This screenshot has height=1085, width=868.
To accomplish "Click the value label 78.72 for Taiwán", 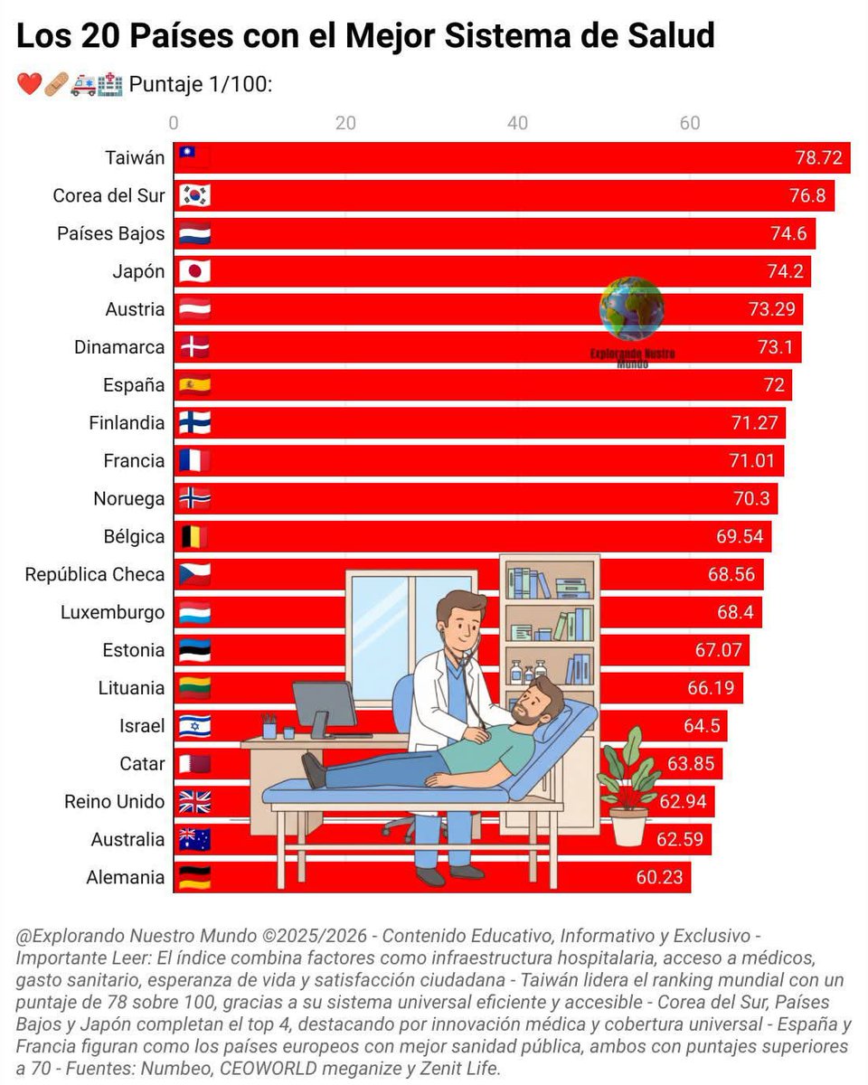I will coord(818,158).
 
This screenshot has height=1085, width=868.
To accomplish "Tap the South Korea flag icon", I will coord(194,196).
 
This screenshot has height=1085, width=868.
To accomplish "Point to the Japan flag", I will coord(194,272).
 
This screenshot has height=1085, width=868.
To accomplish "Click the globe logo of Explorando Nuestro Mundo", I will coord(631,308).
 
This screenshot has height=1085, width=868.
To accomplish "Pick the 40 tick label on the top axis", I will coord(517,124).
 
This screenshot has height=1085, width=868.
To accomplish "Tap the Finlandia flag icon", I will coord(194,423).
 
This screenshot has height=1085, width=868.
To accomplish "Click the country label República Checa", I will coord(95,575).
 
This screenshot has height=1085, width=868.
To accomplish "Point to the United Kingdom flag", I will coord(194,802).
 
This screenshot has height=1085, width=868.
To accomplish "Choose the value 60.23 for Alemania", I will coord(658,878).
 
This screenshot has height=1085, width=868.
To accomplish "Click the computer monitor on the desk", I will coord(325,705).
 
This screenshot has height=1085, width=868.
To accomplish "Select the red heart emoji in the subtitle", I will coord(29,85).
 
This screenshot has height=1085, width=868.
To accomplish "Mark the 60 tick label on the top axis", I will coord(690,124).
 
